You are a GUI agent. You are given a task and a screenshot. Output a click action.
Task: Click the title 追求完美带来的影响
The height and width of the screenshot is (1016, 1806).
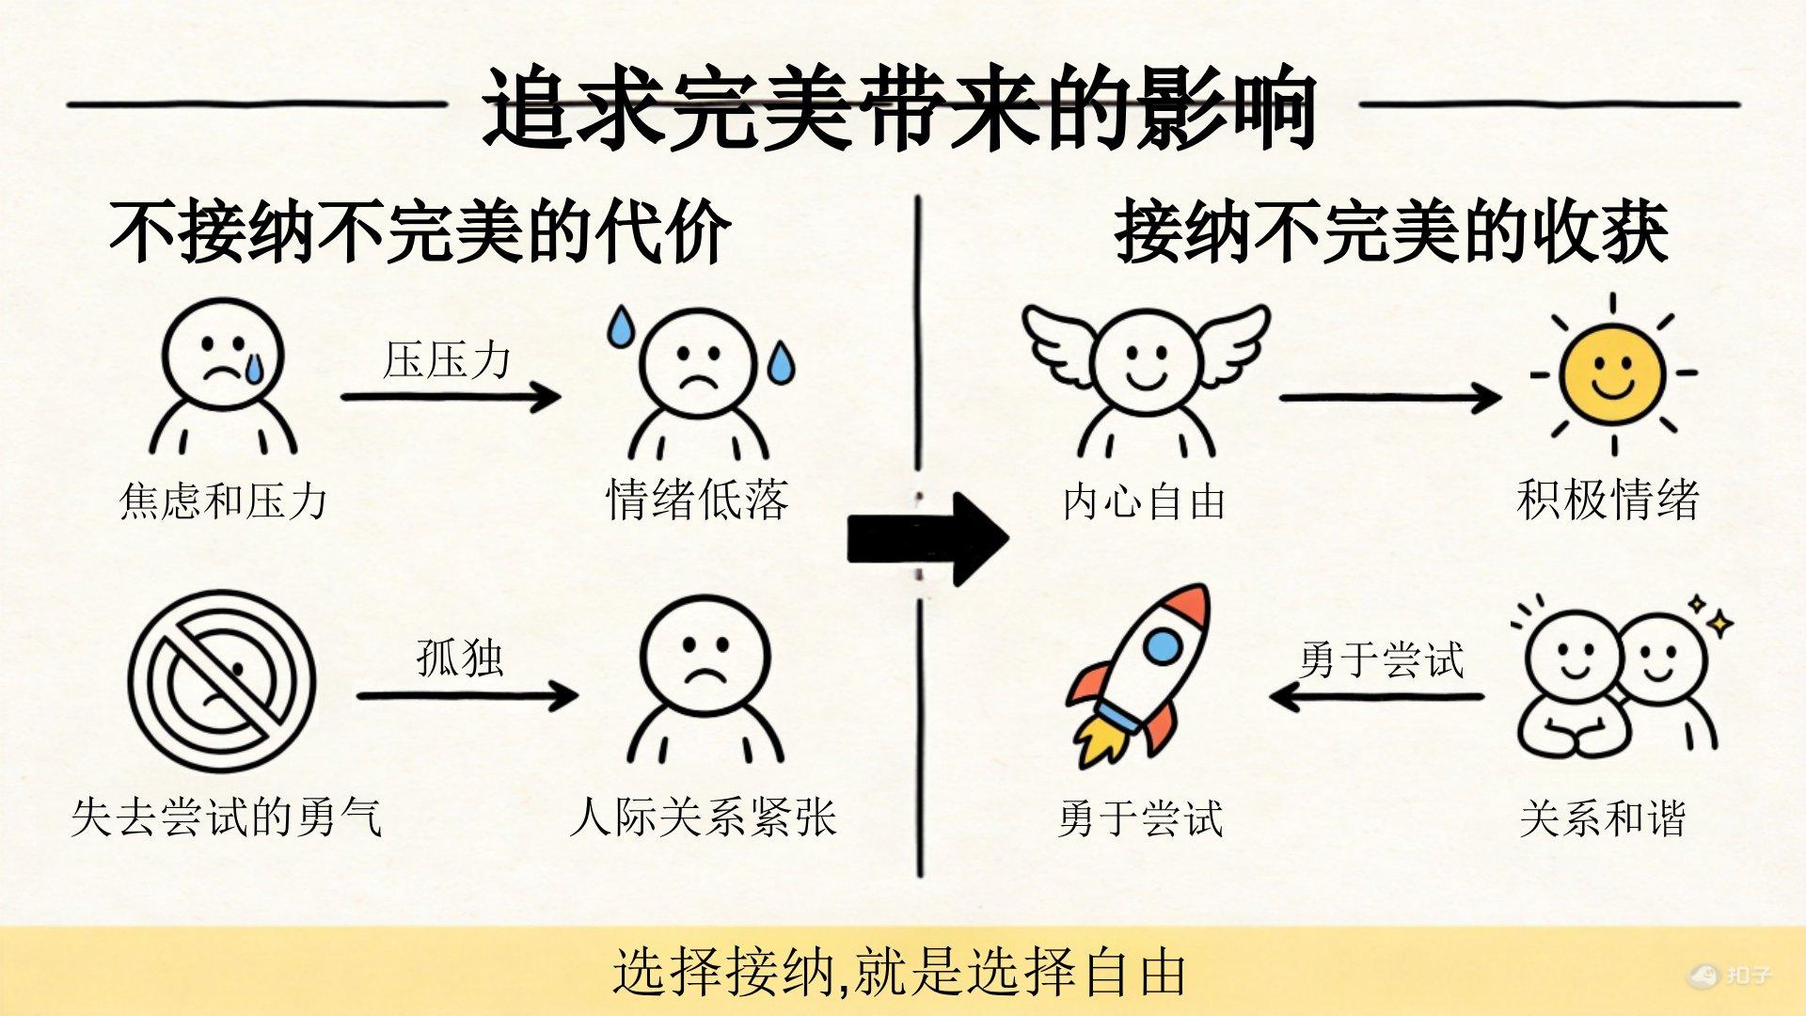898,108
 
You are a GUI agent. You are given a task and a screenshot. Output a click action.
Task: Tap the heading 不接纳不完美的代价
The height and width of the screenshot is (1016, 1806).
420,232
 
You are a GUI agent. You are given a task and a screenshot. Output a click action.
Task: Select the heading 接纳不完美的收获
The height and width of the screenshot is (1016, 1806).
1391,232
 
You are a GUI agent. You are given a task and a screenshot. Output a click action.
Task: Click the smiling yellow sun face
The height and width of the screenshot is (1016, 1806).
1611,374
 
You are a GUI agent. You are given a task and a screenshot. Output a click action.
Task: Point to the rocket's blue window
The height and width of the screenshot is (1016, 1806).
1163,645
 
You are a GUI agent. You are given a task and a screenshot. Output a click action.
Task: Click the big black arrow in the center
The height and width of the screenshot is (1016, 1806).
927,538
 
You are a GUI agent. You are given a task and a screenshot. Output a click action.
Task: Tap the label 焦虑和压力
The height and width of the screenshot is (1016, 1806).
223,500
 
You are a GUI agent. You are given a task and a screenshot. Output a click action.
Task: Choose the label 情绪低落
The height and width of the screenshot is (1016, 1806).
697,500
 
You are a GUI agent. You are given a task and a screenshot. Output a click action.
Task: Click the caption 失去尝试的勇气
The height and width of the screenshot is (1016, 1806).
226,817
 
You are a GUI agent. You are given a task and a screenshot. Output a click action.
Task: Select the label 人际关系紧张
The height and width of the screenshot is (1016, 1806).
703,817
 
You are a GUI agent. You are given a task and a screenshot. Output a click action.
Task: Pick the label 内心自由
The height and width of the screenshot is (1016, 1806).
1144,501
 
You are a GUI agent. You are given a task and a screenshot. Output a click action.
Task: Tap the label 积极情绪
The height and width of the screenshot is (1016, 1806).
1608,500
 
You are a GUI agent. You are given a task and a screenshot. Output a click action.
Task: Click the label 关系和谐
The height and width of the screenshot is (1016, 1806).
1602,818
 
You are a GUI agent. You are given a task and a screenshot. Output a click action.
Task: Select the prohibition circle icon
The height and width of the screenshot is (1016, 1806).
222,682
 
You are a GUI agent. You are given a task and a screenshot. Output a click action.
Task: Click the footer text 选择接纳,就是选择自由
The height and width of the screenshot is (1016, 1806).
898,972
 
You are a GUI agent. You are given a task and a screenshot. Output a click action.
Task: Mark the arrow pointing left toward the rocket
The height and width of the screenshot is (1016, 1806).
1376,697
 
